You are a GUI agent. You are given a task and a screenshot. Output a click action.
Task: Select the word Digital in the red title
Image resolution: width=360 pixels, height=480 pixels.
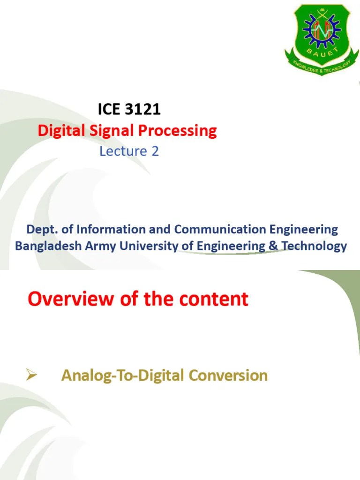[x=60, y=131]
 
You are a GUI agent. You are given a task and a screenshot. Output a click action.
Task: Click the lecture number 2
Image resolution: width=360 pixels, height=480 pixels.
[x=156, y=151]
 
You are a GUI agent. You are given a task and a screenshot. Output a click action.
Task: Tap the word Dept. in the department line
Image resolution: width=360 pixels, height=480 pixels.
[x=40, y=230]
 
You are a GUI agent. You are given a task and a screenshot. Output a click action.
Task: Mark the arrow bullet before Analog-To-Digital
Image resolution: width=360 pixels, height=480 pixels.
[x=31, y=375]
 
